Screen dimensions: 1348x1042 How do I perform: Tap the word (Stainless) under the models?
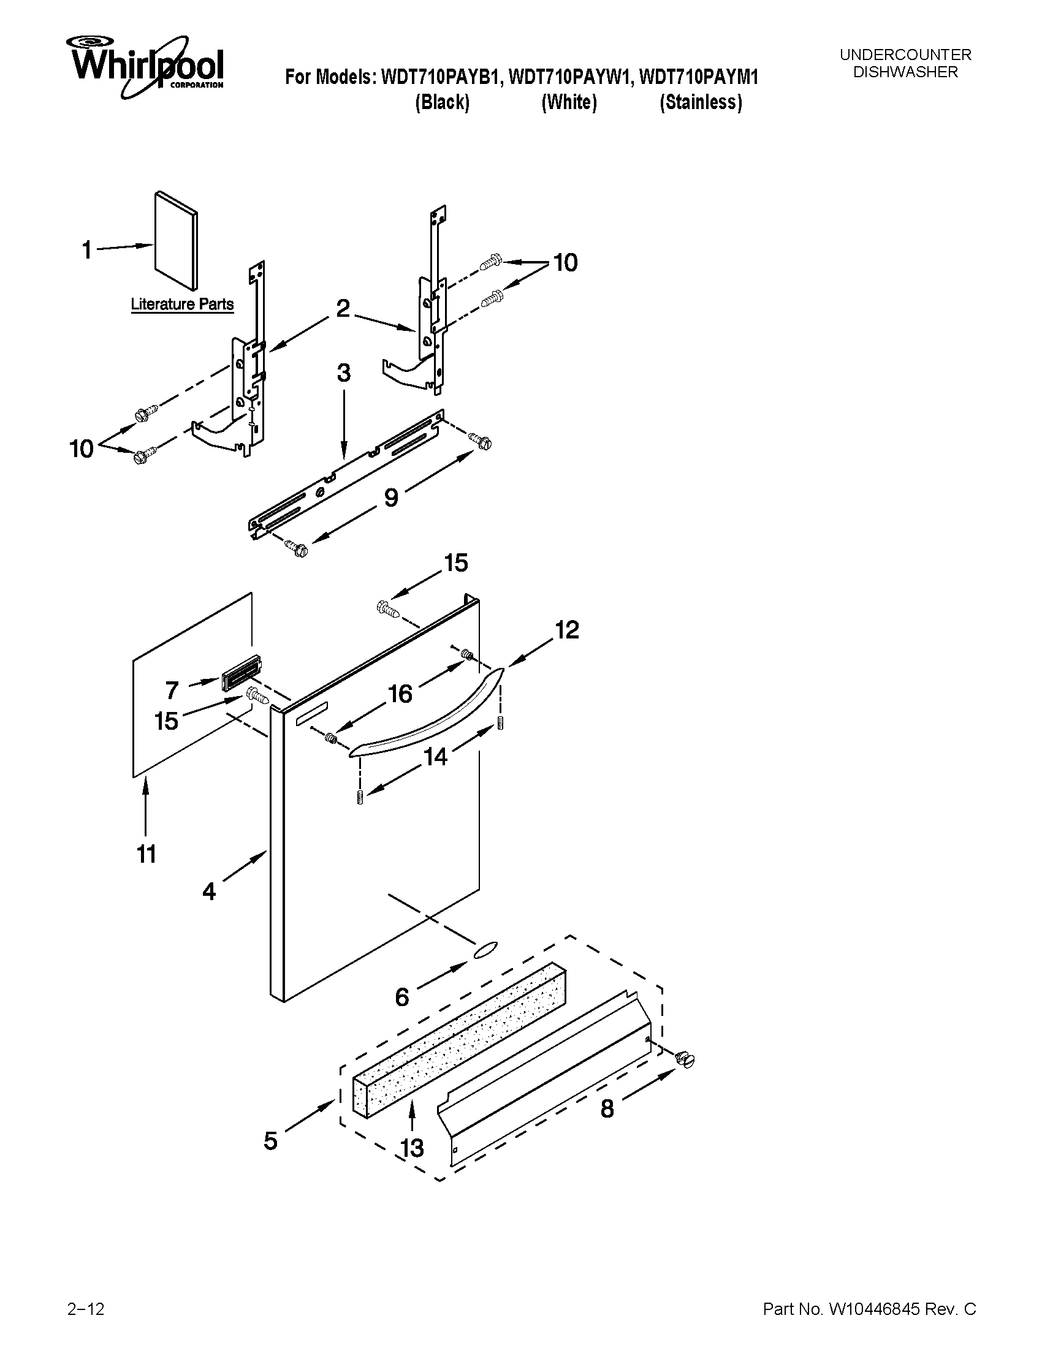pos(701,102)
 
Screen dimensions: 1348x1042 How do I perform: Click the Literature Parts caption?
pos(182,305)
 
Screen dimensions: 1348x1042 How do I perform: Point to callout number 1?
pos(87,250)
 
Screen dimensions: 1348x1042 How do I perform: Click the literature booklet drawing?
pos(176,240)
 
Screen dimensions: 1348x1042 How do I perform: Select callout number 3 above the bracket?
pos(344,373)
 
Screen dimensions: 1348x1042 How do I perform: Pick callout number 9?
pos(391,497)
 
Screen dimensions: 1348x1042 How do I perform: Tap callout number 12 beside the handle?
pos(567,630)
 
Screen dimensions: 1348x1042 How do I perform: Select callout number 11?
pos(146,854)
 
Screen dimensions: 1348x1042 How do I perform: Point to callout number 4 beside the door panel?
pos(209,892)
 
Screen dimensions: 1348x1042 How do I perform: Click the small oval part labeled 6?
pos(485,950)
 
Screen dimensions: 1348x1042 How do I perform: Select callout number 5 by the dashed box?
pos(270,1141)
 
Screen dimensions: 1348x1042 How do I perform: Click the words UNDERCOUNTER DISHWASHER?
pos(905,64)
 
